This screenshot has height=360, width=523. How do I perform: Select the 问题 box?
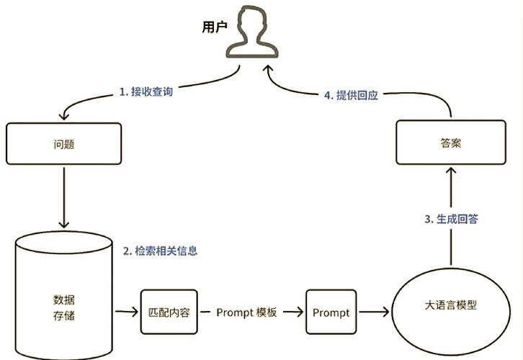tap(64, 143)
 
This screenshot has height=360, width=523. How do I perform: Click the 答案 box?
tap(450, 143)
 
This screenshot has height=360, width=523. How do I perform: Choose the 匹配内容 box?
tap(169, 312)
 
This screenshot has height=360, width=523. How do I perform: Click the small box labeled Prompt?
tap(331, 312)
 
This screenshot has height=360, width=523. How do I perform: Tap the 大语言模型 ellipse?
tap(451, 305)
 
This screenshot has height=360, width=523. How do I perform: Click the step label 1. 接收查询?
tap(146, 92)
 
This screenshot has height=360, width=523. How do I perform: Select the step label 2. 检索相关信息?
tap(160, 251)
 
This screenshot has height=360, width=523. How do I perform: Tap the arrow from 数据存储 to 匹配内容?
tap(125, 312)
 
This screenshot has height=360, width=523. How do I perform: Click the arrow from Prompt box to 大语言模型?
tap(375, 312)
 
